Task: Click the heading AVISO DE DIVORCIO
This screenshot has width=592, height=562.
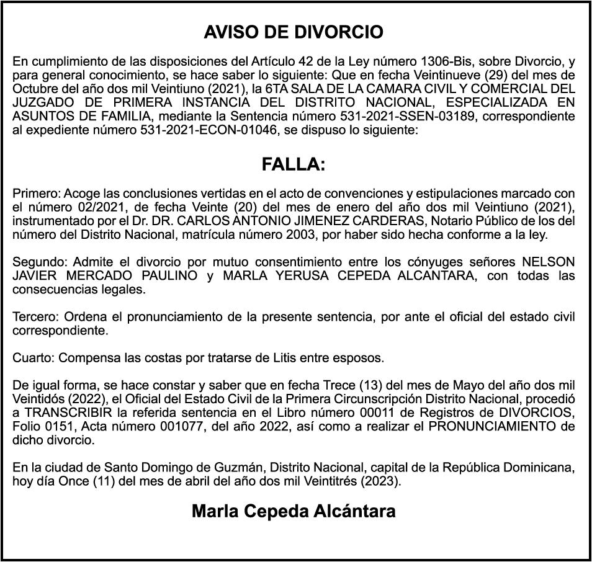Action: point(294,32)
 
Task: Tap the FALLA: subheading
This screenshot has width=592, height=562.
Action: point(294,165)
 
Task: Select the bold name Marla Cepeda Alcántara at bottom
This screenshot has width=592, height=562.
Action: point(294,512)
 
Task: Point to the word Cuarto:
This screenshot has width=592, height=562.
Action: point(33,359)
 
